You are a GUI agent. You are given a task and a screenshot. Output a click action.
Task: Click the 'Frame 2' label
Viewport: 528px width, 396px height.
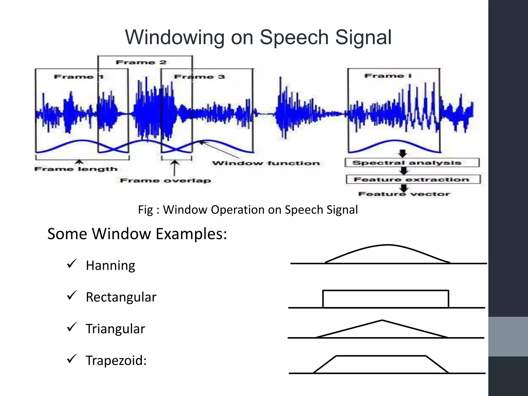point(141,62)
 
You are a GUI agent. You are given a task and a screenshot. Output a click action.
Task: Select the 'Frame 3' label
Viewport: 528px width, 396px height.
point(199,77)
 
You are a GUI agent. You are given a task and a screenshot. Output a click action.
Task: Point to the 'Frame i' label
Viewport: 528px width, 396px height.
point(388,76)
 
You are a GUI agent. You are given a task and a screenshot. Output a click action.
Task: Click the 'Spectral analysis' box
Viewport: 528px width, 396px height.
point(412,163)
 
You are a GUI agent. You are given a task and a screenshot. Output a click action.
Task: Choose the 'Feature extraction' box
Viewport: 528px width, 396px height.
point(413,179)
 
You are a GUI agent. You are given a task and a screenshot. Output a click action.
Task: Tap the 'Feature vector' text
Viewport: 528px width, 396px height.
point(404,194)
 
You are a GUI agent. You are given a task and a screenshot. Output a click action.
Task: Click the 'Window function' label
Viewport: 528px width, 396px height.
point(266,163)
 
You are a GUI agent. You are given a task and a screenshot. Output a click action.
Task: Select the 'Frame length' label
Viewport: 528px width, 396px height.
point(76,169)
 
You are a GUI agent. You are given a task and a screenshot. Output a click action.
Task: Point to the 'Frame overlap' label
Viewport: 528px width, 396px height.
point(166,180)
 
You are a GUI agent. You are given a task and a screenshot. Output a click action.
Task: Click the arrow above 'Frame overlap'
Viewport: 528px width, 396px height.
point(175,168)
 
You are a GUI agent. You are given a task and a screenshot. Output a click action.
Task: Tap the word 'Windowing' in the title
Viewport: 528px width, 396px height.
point(174,37)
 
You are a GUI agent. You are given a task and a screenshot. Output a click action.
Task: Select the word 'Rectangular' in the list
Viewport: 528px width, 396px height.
point(121,297)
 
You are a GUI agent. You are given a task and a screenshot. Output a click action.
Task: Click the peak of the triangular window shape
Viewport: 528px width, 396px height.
point(382,320)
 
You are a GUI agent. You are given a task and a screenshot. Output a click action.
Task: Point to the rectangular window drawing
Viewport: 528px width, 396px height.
point(386,299)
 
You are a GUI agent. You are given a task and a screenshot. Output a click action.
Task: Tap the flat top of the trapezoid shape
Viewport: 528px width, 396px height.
point(381,356)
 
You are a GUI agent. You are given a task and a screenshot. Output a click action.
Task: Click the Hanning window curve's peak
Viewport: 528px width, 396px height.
point(388,245)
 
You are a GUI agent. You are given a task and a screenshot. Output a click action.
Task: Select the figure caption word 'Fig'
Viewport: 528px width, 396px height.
point(146,210)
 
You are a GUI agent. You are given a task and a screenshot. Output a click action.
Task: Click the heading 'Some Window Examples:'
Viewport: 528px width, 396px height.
point(137,234)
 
